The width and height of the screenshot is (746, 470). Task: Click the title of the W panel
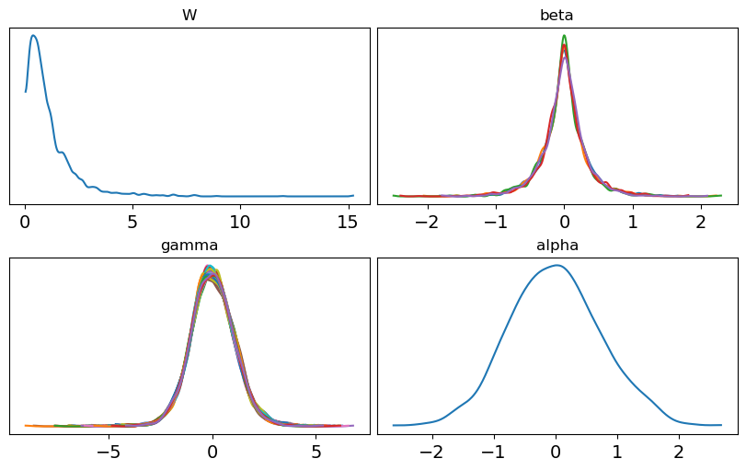(189, 16)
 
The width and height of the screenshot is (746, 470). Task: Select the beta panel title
(557, 16)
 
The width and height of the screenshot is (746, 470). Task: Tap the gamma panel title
(189, 246)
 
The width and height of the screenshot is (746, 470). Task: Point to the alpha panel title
(557, 246)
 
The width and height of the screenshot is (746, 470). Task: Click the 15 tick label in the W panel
(347, 223)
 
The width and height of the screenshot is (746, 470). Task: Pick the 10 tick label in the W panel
(239, 223)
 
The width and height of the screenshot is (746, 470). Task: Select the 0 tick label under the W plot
(26, 223)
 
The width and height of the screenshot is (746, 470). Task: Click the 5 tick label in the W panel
(132, 223)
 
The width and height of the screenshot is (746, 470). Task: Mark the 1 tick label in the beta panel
(633, 223)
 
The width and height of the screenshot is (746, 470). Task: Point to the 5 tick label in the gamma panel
(316, 453)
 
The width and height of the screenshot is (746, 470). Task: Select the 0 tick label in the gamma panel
(212, 453)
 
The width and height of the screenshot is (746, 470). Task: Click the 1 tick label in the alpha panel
(617, 453)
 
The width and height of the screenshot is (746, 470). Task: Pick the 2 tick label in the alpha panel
(679, 453)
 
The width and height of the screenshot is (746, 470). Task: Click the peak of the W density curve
(33, 36)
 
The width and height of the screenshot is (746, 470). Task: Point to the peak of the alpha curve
(557, 265)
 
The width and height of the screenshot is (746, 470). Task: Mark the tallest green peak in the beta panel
(564, 36)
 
